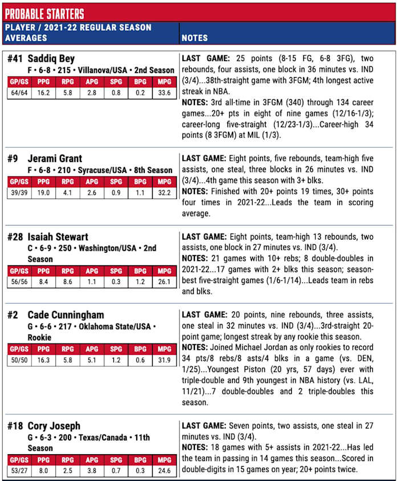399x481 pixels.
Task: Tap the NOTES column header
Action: (195, 38)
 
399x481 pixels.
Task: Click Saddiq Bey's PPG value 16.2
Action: (43, 93)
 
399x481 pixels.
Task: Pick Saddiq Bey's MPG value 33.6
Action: (164, 93)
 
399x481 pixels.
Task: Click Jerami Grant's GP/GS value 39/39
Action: (19, 192)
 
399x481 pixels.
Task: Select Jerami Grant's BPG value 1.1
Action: (140, 192)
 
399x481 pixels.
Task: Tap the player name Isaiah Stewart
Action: (59, 237)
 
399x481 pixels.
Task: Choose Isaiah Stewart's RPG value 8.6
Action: (67, 281)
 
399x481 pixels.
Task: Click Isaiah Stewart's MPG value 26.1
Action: (164, 281)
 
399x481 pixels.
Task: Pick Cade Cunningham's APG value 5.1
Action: (92, 360)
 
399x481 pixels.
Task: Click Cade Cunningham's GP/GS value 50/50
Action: (19, 360)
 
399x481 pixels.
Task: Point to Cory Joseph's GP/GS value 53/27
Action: (19, 470)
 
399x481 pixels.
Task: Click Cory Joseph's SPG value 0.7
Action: (116, 470)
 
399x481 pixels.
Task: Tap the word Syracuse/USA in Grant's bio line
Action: (98, 170)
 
